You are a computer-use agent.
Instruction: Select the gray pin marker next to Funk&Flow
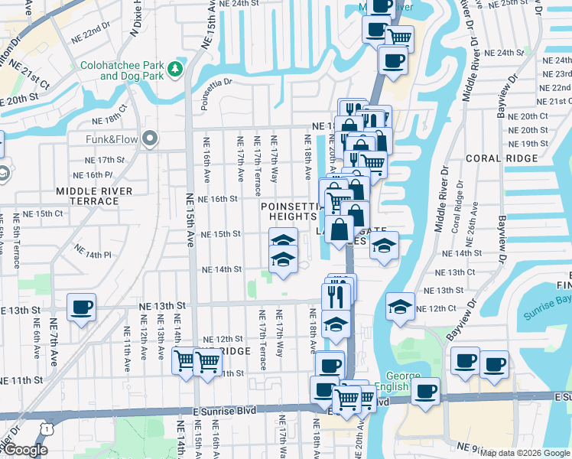pos(150,138)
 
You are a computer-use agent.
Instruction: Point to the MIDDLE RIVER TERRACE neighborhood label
pos(94,196)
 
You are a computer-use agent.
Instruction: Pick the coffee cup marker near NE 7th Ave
pos(81,308)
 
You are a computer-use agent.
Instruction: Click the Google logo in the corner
pos(25,451)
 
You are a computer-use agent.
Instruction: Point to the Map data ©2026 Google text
pos(525,453)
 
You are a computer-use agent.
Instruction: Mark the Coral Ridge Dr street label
pos(457,218)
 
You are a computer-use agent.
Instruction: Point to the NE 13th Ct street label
pos(455,272)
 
